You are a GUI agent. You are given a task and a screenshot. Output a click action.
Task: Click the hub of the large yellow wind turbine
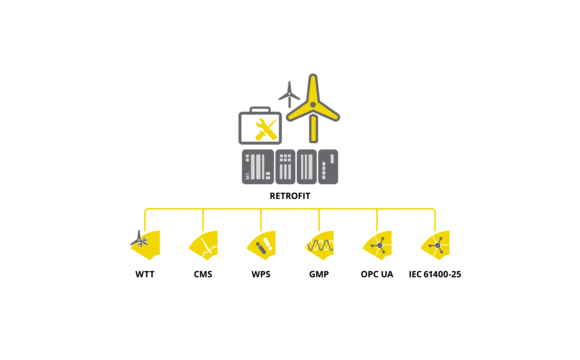(x=313, y=105)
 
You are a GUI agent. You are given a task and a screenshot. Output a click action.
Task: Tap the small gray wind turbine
(x=289, y=95)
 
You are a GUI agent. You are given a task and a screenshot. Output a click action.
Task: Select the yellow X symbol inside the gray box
(x=264, y=128)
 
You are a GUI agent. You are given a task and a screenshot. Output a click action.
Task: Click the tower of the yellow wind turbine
(x=313, y=128)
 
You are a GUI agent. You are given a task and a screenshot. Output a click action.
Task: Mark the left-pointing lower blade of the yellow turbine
(x=299, y=113)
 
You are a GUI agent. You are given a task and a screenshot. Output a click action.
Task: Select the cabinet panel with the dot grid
(x=285, y=166)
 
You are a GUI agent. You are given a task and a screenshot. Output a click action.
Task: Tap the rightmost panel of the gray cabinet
(x=328, y=166)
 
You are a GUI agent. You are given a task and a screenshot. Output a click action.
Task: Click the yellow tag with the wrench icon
(x=145, y=244)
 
